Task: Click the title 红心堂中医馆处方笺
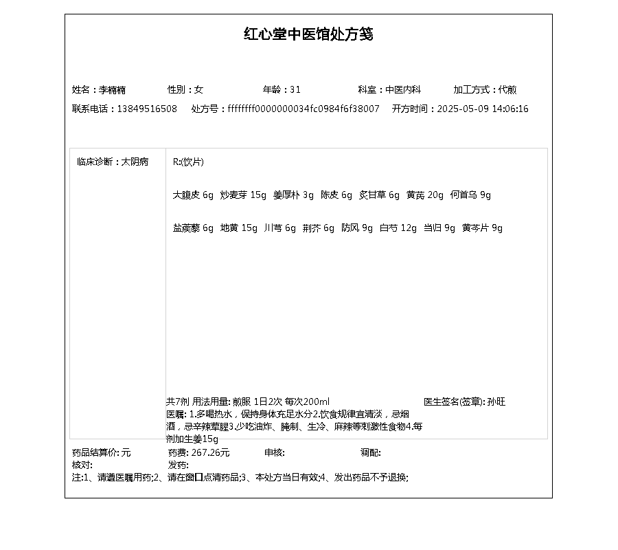[x=308, y=34]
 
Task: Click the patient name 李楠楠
[x=113, y=90]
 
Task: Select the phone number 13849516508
[x=147, y=109]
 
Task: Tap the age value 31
[x=295, y=90]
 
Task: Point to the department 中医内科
[x=402, y=90]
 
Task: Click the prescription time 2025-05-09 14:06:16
[x=483, y=109]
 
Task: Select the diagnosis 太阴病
[x=135, y=162]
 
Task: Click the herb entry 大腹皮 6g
[x=193, y=195]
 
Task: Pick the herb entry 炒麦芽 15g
[x=243, y=195]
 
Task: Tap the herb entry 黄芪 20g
[x=425, y=195]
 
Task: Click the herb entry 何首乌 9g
[x=470, y=195]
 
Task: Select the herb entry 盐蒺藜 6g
[x=193, y=228]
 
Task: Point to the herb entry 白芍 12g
[x=398, y=228]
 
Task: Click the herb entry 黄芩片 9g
[x=482, y=228]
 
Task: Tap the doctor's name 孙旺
[x=496, y=401]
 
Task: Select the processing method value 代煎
[x=508, y=90]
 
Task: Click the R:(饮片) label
[x=188, y=162]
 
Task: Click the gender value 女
[x=199, y=90]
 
